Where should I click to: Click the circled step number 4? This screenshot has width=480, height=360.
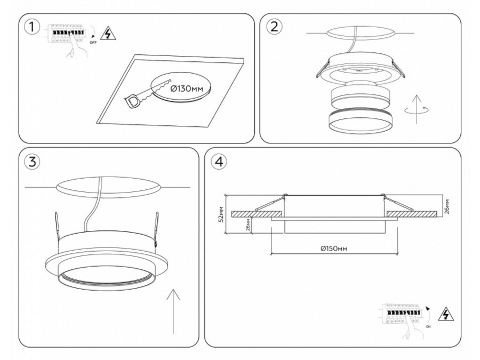[x=218, y=162]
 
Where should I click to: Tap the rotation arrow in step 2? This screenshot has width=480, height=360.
[x=416, y=110]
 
